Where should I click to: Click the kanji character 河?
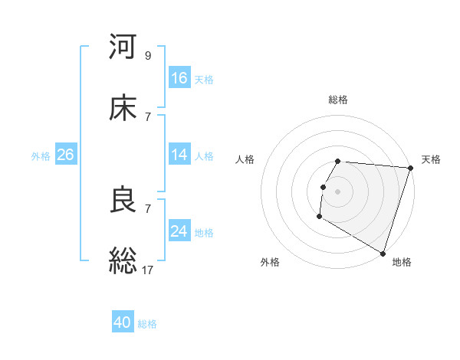[x=123, y=47]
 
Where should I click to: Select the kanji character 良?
[x=123, y=200]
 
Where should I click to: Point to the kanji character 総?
[x=123, y=260]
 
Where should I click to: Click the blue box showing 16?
[x=179, y=78]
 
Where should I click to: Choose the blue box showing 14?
[x=179, y=155]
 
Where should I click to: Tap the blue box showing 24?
[x=179, y=231]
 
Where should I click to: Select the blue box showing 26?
[x=65, y=155]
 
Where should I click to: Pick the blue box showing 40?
[x=123, y=322]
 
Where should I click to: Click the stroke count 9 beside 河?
[x=148, y=55]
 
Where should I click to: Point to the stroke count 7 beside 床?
[x=148, y=116]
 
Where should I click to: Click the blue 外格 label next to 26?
[x=41, y=155]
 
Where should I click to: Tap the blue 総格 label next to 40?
[x=147, y=324]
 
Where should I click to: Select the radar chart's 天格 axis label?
[x=431, y=159]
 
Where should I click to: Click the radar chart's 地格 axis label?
[x=402, y=262]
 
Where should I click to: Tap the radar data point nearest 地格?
[x=383, y=252]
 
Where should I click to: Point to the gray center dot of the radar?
[x=337, y=191]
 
